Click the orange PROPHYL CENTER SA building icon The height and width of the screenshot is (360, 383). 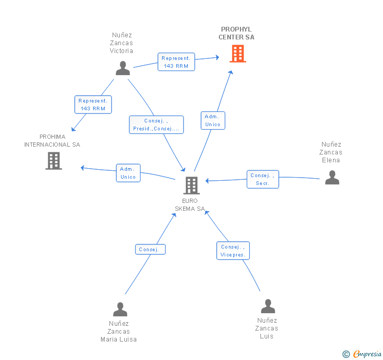click(238, 54)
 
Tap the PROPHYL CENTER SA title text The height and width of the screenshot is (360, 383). click(236, 34)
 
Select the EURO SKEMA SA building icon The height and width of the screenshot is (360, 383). click(191, 186)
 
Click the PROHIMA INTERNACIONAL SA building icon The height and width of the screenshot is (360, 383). click(54, 161)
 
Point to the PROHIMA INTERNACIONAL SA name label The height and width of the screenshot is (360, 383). click(52, 141)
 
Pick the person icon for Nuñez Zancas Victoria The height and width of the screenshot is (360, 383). click(123, 68)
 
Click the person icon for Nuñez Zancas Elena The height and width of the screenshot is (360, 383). click(332, 178)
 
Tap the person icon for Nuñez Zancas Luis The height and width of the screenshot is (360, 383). click(268, 306)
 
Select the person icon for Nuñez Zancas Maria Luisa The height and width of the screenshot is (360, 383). click(120, 310)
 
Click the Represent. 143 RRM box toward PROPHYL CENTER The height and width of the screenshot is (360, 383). click(176, 62)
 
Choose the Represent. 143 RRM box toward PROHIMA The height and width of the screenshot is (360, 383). click(93, 105)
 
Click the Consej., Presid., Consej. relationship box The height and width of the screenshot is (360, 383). click(156, 125)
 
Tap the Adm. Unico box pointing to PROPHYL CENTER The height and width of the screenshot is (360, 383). click(213, 120)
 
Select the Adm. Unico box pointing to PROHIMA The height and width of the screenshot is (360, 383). click(128, 173)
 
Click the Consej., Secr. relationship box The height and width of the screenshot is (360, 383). click(263, 179)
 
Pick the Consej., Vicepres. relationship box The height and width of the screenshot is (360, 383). click(233, 251)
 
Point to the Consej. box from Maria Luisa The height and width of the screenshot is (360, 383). click(150, 250)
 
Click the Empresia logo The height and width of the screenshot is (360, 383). click(362, 354)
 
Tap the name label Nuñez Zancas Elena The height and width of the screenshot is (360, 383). click(331, 152)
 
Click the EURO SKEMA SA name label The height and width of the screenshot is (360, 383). click(190, 205)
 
